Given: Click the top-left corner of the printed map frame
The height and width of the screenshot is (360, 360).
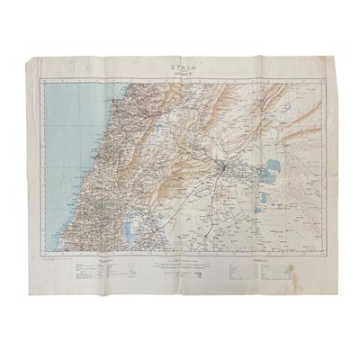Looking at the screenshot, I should (x=44, y=77).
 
